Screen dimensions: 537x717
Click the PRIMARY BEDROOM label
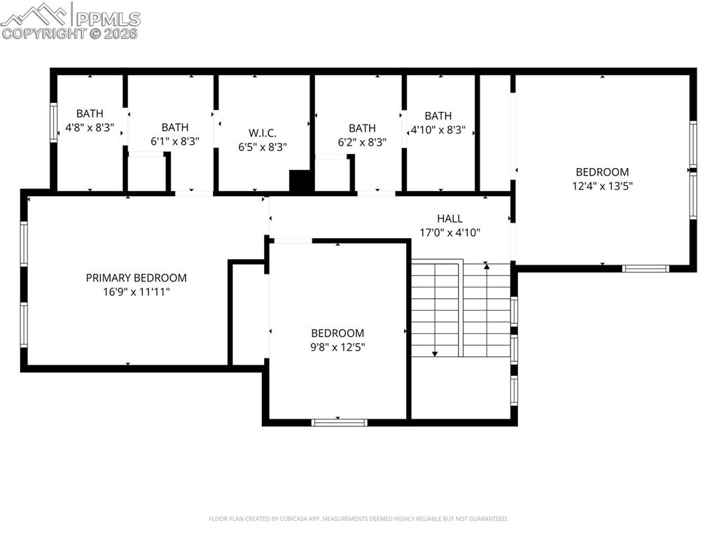[136, 278]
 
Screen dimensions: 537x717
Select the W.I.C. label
[263, 132]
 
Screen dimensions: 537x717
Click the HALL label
[450, 218]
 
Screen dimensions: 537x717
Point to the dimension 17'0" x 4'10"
[450, 232]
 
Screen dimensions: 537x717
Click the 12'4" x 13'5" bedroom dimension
[602, 186]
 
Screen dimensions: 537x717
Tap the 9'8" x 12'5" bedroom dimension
[337, 347]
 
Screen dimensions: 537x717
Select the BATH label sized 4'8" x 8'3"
[90, 113]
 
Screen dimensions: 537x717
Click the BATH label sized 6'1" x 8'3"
[175, 127]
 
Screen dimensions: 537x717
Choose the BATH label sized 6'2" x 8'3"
[362, 128]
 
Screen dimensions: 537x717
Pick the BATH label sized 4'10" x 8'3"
[438, 116]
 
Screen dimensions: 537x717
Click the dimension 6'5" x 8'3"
[263, 146]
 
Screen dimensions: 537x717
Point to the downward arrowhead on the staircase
[435, 354]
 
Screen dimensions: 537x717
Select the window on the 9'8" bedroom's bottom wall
[339, 422]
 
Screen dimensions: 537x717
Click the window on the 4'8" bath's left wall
[53, 123]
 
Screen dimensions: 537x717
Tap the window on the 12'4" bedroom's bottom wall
[646, 268]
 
